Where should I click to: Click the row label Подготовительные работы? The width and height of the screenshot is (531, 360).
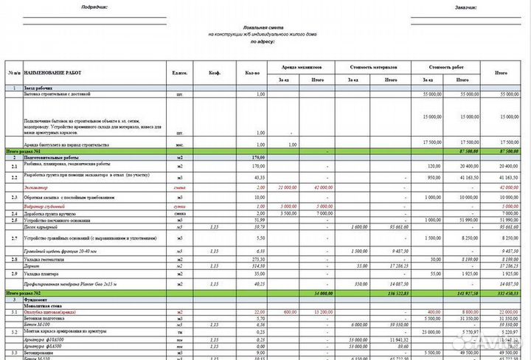click(x=52, y=157)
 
